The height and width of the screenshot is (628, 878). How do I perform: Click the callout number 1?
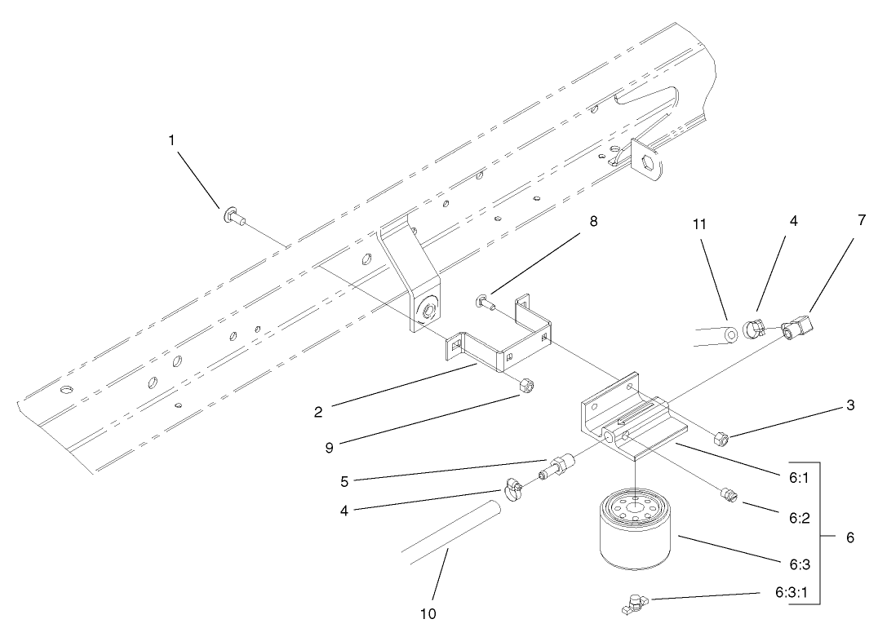[171, 140]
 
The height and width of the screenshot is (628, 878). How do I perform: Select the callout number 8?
[593, 221]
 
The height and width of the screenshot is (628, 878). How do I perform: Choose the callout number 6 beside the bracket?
[851, 538]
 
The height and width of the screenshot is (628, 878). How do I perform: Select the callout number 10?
[428, 612]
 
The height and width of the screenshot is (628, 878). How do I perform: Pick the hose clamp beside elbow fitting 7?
[755, 327]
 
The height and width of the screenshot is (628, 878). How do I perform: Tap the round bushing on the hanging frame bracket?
[427, 308]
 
